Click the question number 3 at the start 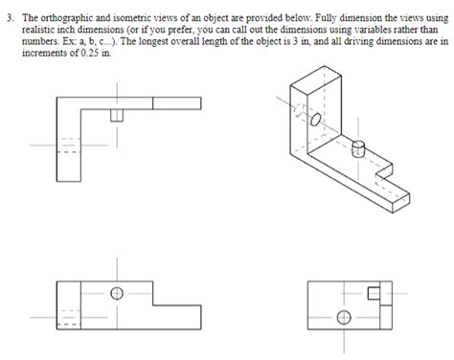[11, 18]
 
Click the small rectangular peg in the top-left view [119, 115]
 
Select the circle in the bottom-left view [118, 294]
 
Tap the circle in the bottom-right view [341, 315]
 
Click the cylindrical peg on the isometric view [361, 149]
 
